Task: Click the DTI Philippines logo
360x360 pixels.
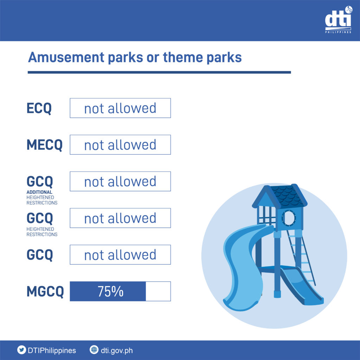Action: pos(338,20)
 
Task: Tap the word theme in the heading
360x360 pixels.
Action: pos(183,57)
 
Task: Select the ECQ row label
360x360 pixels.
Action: pos(39,108)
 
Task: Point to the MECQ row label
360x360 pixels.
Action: pos(45,145)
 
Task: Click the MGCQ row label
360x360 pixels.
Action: pos(45,291)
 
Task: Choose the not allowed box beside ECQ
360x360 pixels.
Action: pos(120,108)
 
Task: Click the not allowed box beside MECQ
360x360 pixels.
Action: pos(120,144)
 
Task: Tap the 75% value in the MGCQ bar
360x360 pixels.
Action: pos(110,291)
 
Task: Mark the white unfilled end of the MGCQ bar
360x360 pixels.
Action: pos(158,291)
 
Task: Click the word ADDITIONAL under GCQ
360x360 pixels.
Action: pos(39,192)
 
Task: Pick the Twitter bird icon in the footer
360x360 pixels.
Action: pos(21,350)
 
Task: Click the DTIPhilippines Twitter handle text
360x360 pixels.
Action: pos(52,351)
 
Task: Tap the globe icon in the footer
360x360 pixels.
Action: pos(94,350)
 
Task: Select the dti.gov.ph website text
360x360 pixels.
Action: pos(117,351)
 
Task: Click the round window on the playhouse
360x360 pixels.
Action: pos(289,218)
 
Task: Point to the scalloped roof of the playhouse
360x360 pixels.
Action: pos(288,195)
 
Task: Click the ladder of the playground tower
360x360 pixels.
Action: pos(301,257)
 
